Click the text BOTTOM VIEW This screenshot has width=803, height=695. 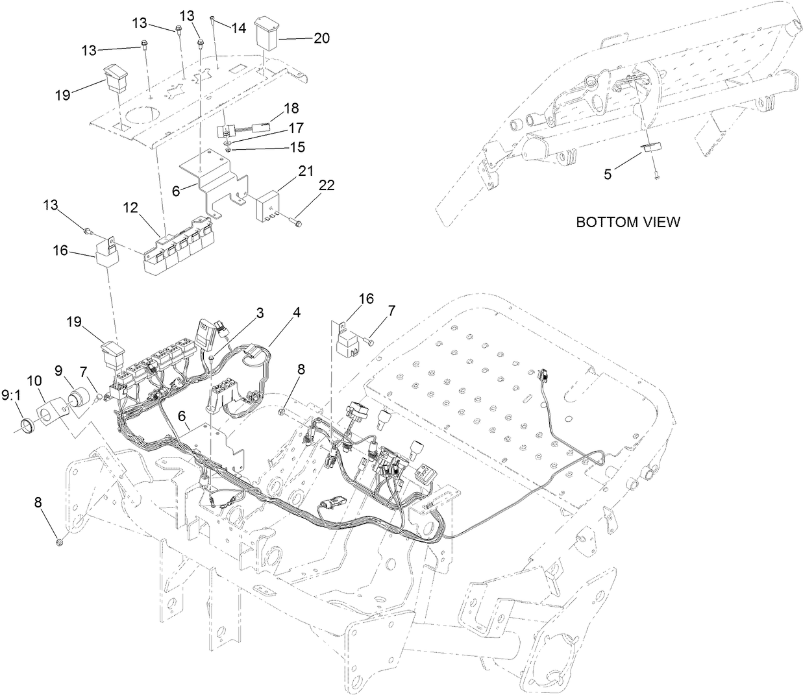pyautogui.click(x=628, y=222)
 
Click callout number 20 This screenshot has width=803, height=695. pyautogui.click(x=321, y=38)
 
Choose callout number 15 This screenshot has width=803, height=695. pyautogui.click(x=297, y=147)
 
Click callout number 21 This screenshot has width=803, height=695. pyautogui.click(x=306, y=171)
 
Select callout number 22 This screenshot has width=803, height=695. pyautogui.click(x=327, y=186)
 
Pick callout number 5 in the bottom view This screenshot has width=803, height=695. pyautogui.click(x=608, y=173)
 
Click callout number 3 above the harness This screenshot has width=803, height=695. pyautogui.click(x=259, y=313)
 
